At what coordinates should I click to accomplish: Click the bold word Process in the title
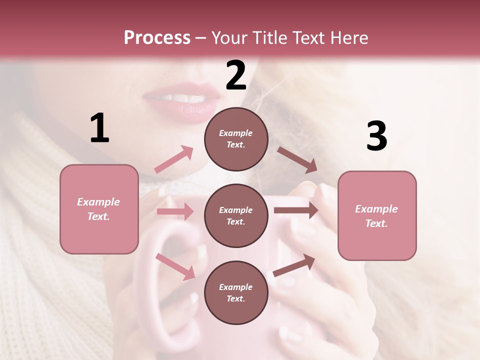tap(157, 37)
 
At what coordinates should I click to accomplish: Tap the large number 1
tap(99, 129)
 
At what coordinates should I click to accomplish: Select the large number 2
tap(236, 75)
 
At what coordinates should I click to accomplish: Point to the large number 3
tap(376, 136)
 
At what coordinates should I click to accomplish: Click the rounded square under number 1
tap(99, 209)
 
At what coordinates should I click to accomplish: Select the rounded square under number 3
tap(377, 215)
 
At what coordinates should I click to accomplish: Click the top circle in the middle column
tap(236, 138)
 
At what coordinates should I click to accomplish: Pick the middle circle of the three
tap(236, 215)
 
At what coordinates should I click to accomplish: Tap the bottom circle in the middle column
tap(236, 292)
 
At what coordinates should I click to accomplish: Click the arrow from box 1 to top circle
tap(174, 159)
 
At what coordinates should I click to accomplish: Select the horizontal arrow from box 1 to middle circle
tap(175, 211)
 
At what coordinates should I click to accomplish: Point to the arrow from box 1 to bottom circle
tap(175, 266)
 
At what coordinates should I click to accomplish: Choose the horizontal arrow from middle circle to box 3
tap(295, 210)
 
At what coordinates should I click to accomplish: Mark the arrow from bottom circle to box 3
tap(294, 265)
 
